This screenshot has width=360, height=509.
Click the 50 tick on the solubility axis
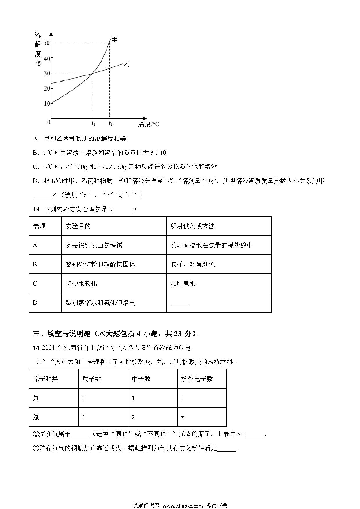[46, 43]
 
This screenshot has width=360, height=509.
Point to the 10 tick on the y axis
[46, 104]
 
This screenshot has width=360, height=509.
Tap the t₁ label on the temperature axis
[93, 124]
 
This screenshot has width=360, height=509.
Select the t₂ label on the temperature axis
[111, 124]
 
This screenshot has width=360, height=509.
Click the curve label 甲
[115, 39]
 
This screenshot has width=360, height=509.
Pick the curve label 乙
[126, 64]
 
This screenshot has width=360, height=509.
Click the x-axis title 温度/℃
[149, 124]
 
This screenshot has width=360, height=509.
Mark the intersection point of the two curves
[93, 73]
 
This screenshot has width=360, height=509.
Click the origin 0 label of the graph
[49, 122]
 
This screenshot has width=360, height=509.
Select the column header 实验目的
[78, 226]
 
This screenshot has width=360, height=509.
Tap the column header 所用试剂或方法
[192, 226]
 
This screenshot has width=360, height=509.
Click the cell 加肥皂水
[183, 284]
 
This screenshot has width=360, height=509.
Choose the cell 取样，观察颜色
[192, 264]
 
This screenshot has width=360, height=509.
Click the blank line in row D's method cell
[179, 305]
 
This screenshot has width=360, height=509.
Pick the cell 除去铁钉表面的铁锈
[94, 246]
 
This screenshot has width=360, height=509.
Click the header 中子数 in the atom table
[141, 379]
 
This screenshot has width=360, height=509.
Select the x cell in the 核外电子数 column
[183, 418]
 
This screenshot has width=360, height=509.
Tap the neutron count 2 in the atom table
[133, 417]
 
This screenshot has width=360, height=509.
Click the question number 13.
[36, 209]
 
